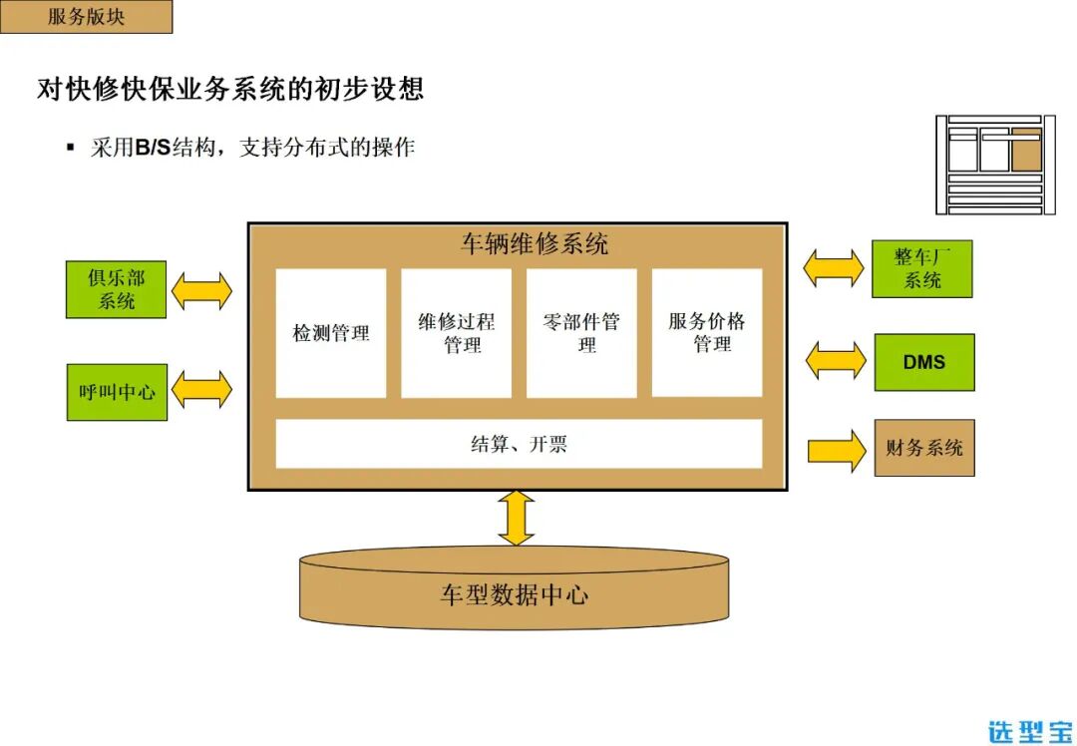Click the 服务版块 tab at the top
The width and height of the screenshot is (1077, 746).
(x=86, y=17)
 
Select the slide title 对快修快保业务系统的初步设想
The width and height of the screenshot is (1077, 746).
(x=230, y=89)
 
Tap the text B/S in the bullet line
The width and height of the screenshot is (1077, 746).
(x=153, y=149)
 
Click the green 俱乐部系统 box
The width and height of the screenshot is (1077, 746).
(x=116, y=289)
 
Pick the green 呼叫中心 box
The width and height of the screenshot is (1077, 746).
(x=117, y=392)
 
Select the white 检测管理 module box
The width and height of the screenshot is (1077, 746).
(x=331, y=333)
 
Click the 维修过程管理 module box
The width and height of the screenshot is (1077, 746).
(x=457, y=333)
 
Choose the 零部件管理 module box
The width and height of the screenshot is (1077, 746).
(x=581, y=333)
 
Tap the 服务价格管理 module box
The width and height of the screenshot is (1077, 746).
(x=707, y=332)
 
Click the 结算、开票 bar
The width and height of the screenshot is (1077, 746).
(x=519, y=444)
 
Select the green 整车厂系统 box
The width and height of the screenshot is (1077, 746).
(x=921, y=268)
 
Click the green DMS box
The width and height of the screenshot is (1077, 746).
(x=923, y=362)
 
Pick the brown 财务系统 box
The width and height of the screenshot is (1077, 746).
(x=923, y=448)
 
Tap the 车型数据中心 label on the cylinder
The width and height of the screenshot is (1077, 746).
(x=515, y=596)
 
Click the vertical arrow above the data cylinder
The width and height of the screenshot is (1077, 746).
(x=517, y=518)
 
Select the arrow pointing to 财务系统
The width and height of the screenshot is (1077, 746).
(x=836, y=450)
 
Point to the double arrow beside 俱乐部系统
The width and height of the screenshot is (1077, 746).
(x=201, y=291)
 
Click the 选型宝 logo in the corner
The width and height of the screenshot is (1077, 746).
(x=1030, y=730)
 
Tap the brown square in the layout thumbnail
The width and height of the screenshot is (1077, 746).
(x=1026, y=153)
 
